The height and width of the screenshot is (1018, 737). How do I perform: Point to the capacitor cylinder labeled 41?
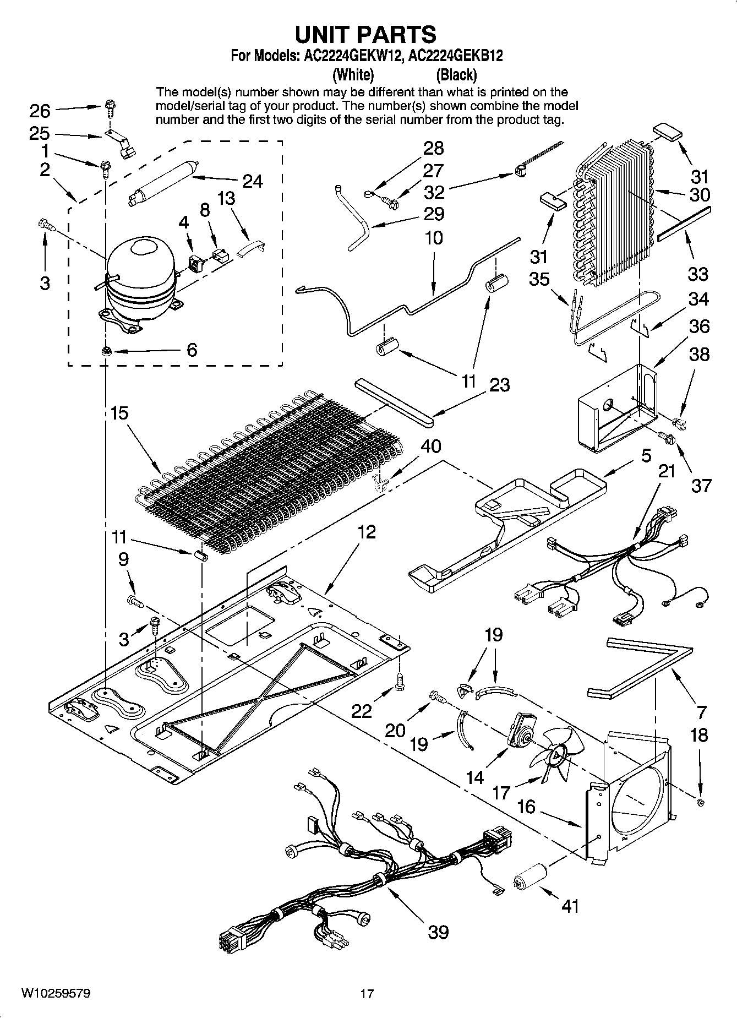click(531, 881)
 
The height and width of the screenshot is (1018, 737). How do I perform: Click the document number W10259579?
click(56, 993)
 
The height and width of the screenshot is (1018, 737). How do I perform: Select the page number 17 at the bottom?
click(367, 994)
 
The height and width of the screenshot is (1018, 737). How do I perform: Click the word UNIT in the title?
click(325, 34)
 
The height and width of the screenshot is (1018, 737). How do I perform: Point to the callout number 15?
click(119, 412)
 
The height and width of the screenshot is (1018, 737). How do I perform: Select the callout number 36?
click(699, 326)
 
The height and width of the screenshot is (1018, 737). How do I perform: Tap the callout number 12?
click(366, 531)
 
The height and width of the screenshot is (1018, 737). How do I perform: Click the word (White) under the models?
click(353, 74)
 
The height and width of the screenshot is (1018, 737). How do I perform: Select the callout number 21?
click(667, 471)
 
